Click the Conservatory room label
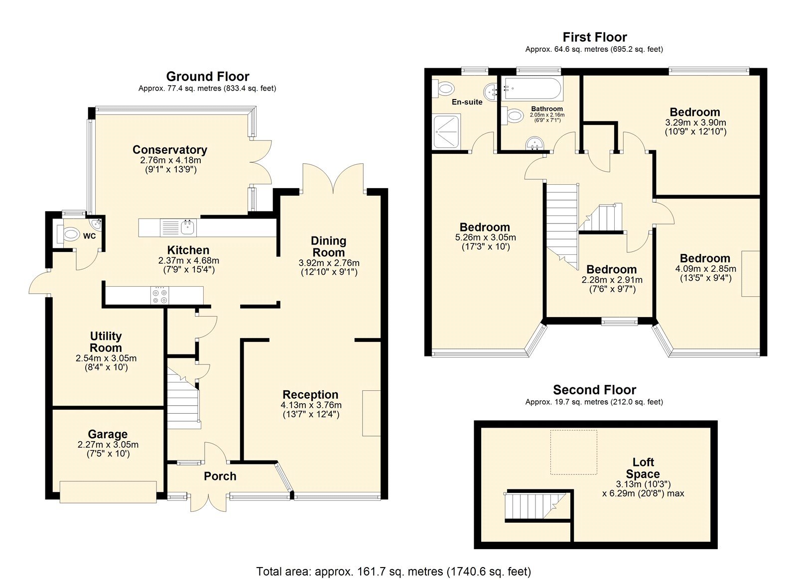coord(169,150)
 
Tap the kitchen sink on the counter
coord(188,228)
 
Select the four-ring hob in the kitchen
coord(160,295)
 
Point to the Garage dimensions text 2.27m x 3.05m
coord(108,445)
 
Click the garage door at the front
coord(108,491)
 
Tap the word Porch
coord(220,476)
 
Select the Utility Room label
coord(106,342)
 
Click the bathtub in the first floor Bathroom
coord(531,90)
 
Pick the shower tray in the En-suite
coord(446,131)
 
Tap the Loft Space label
coord(643,468)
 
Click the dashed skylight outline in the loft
coord(573,452)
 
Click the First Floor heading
coord(594,37)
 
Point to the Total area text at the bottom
coord(394,571)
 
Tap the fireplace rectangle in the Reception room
coord(371,413)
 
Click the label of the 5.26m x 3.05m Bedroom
coord(485,228)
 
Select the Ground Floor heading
coord(207,77)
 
